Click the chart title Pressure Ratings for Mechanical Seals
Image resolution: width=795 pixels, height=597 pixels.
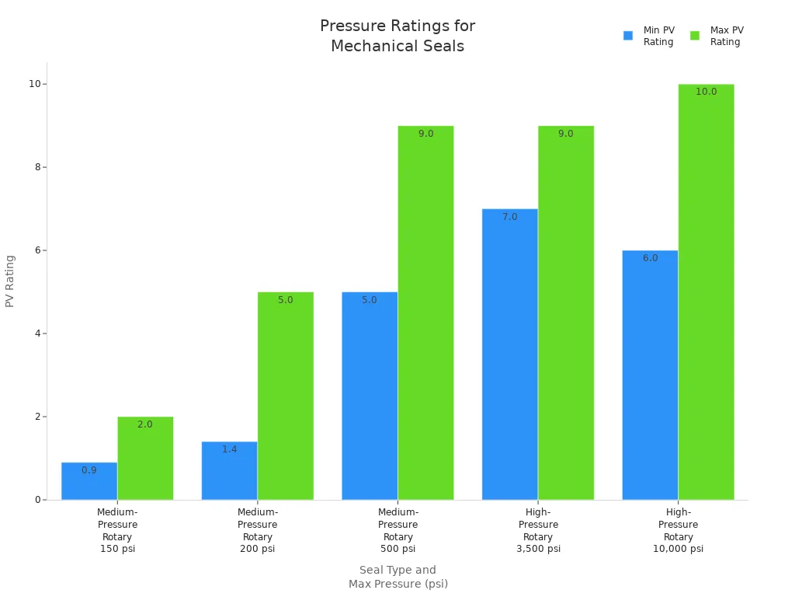397,36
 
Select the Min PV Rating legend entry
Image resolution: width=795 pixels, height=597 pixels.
649,36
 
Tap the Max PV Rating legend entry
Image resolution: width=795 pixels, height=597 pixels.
717,36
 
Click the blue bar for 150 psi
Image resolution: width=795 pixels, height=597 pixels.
89,482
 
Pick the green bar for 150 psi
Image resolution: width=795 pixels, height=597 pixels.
145,459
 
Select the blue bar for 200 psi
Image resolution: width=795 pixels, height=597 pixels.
230,471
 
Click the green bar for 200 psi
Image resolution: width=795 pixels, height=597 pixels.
286,396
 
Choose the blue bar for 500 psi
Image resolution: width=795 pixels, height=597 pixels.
370,396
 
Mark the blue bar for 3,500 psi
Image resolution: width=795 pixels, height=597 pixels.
510,354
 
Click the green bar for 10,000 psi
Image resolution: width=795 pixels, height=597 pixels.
706,292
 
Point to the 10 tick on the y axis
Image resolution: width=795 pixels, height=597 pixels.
36,84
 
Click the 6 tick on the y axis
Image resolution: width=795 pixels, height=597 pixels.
38,250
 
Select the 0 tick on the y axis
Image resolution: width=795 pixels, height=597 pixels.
38,500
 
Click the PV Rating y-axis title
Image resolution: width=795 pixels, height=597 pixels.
10,281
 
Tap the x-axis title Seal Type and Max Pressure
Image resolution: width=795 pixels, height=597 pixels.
397,577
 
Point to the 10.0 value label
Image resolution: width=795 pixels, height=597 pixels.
706,92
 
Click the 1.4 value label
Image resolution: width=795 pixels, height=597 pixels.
230,449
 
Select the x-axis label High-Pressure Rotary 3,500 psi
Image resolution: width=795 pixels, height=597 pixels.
538,530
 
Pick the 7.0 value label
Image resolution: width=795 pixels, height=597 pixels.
510,217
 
